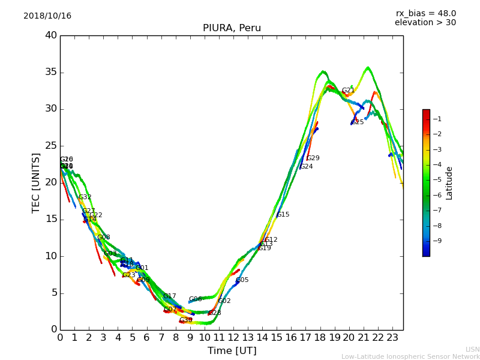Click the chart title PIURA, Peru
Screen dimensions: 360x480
click(x=232, y=28)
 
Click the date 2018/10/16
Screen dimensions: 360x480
click(x=47, y=16)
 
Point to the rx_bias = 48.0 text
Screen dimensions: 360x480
click(x=425, y=13)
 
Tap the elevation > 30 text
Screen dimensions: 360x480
click(x=425, y=23)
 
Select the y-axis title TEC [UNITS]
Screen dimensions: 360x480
click(x=36, y=182)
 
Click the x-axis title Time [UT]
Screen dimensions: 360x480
click(x=232, y=351)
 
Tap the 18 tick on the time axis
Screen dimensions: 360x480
click(x=320, y=338)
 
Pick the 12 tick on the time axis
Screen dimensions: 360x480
click(x=233, y=338)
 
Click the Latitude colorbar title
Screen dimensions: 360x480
click(x=449, y=183)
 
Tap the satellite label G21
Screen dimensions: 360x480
click(x=348, y=91)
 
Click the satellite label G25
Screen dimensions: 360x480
click(x=358, y=122)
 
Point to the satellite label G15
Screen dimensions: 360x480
click(x=283, y=215)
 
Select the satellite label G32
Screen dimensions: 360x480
click(x=85, y=197)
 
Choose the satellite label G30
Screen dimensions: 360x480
click(x=185, y=320)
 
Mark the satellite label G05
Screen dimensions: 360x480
click(x=242, y=280)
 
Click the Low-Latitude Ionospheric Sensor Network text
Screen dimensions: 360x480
click(x=410, y=356)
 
